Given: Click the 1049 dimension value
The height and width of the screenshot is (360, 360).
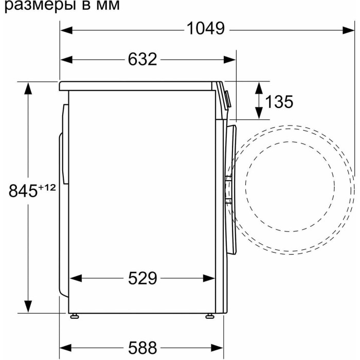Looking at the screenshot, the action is pos(206,29).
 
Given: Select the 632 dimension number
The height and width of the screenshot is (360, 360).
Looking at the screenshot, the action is pos(142,59).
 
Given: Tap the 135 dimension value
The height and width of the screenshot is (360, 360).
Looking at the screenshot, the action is pos(279,101).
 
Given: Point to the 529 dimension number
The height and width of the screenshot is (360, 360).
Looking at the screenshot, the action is pos(142,278).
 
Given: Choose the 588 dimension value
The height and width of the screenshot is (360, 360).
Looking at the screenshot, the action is pos(142,348).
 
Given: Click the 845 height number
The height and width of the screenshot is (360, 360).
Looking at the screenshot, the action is pos(23,191).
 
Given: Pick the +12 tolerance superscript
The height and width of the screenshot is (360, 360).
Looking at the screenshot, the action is pos(47,188).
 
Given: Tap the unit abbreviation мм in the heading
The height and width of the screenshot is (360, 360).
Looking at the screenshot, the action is pos(108,6).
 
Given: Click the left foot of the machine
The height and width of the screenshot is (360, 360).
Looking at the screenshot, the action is pos(75,316).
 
